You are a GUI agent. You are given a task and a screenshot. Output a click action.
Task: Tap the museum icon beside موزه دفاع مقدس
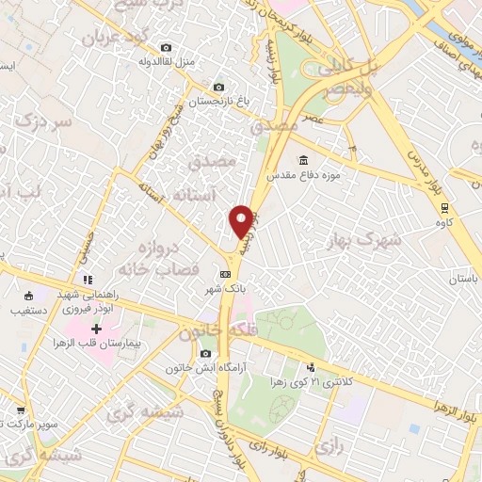coord(303,160)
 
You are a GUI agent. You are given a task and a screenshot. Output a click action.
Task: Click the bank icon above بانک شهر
coord(224,274)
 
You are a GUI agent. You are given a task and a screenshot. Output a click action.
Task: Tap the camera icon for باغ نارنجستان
coord(219,87)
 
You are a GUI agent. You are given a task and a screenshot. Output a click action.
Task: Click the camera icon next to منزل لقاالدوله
coord(167,47)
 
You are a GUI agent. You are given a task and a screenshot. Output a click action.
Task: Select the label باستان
coord(461,281)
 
